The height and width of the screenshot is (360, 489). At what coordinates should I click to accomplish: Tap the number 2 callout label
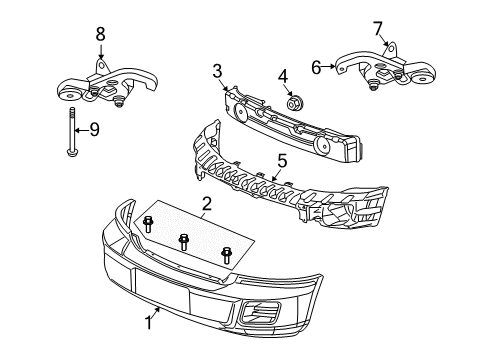[x=206, y=207]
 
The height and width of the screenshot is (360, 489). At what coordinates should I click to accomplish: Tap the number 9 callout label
[x=94, y=129]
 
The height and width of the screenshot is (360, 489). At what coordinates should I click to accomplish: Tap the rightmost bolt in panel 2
[x=226, y=254]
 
